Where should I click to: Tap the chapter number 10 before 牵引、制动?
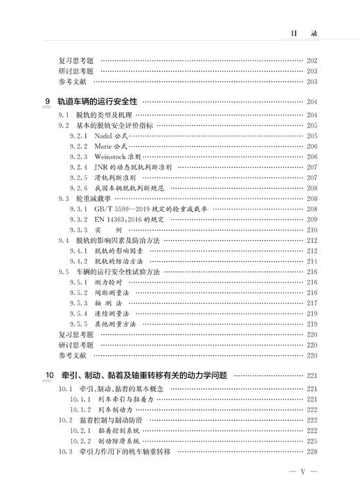(x=48, y=375)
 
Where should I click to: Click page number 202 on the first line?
(x=311, y=61)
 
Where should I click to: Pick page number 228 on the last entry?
(x=311, y=451)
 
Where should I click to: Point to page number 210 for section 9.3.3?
(x=311, y=229)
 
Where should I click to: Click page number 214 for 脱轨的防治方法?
(x=311, y=261)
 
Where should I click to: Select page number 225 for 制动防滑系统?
(x=311, y=441)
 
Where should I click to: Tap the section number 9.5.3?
(x=78, y=303)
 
